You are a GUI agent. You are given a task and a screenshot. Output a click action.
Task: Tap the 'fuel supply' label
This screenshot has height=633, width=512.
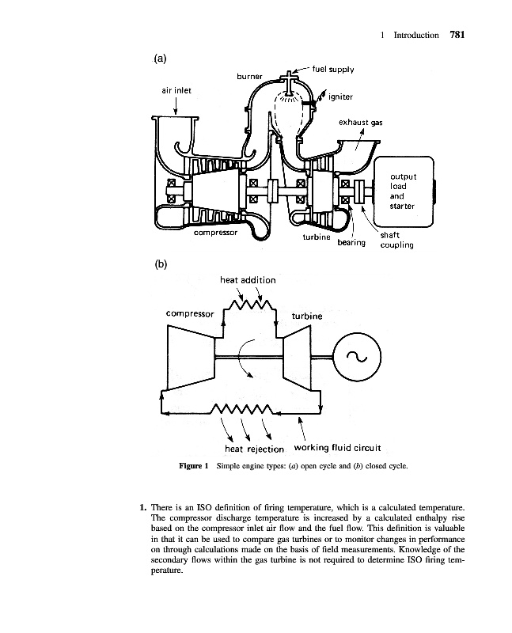333,69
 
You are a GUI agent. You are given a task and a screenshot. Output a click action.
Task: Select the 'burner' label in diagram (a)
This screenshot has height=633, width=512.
250,77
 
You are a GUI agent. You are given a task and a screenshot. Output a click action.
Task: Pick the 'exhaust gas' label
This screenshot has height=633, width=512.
361,123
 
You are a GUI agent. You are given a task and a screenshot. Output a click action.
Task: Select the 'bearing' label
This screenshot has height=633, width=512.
351,242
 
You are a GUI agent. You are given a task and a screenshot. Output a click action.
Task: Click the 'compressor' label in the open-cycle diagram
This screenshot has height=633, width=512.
216,233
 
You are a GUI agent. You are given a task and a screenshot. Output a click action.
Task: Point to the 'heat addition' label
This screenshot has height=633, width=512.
248,279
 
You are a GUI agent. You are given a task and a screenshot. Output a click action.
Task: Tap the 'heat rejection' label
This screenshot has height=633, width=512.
248,449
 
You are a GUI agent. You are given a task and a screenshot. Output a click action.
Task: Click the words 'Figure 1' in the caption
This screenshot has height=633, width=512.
193,466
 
